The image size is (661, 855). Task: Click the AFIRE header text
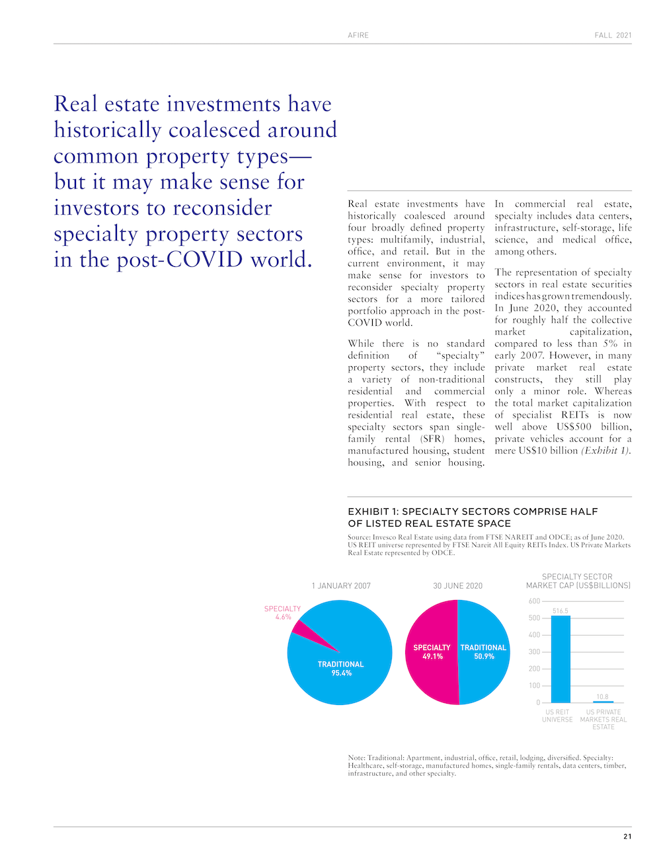358,35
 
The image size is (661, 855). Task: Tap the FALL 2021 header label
613,35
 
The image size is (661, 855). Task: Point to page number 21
627,836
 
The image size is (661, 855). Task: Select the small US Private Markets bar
603,702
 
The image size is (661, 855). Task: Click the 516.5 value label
561,611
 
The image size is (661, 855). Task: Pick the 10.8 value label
602,696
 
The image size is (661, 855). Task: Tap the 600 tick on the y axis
534,601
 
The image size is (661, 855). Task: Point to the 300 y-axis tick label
534,652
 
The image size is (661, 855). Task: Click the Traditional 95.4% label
341,669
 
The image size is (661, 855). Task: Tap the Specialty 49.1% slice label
432,652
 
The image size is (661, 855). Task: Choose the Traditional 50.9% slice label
483,652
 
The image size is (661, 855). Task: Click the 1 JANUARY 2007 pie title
341,586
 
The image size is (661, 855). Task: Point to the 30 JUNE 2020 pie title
457,586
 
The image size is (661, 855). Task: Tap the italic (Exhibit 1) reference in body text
606,451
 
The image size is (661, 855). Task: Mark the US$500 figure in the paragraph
574,427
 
